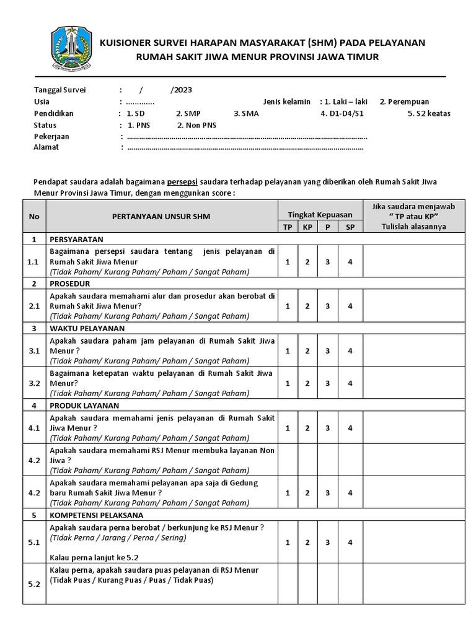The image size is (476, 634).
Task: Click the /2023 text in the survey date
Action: (182, 90)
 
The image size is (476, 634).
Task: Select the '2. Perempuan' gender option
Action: (404, 102)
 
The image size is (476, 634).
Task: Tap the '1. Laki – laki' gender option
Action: (344, 102)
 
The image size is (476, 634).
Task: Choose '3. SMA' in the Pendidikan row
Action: (246, 113)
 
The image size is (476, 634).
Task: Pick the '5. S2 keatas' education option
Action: (429, 113)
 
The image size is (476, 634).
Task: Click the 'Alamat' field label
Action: (46, 147)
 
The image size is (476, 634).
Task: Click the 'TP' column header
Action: (288, 227)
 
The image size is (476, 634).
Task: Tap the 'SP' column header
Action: (350, 227)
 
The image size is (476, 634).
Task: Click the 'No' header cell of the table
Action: (34, 217)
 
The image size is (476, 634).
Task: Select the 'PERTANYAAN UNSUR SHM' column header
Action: (161, 217)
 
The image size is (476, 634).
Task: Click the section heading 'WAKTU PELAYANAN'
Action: (87, 328)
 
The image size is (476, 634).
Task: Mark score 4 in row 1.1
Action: (350, 262)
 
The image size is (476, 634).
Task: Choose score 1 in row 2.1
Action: (288, 306)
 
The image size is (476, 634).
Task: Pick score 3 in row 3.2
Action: (328, 383)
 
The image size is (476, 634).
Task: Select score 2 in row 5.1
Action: (307, 542)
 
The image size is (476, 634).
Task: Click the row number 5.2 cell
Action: (34, 583)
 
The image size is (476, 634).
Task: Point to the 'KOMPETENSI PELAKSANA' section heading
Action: (97, 515)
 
